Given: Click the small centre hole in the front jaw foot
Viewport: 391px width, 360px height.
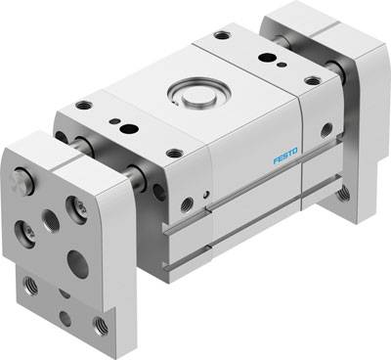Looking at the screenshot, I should tap(65, 317).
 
